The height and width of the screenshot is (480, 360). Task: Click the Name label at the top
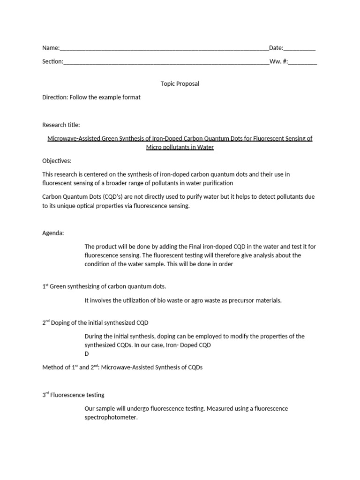tap(50, 48)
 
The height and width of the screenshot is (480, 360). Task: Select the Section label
tap(52, 61)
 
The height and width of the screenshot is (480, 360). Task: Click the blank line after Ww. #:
tap(303, 62)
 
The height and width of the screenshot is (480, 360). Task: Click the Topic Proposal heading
tap(180, 84)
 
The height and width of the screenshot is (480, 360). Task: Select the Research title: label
tap(61, 125)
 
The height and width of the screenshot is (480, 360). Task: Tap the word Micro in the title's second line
tap(154, 147)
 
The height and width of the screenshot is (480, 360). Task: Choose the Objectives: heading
tap(57, 161)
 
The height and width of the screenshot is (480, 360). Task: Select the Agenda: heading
tap(53, 233)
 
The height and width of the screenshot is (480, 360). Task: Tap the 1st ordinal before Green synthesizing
tap(45, 286)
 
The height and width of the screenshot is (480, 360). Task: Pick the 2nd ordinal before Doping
tap(46, 322)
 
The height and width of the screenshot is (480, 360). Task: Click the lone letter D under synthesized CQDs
tap(87, 354)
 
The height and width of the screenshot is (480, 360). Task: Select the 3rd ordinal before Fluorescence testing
tap(45, 395)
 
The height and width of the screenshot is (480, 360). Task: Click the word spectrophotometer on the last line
tap(111, 417)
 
